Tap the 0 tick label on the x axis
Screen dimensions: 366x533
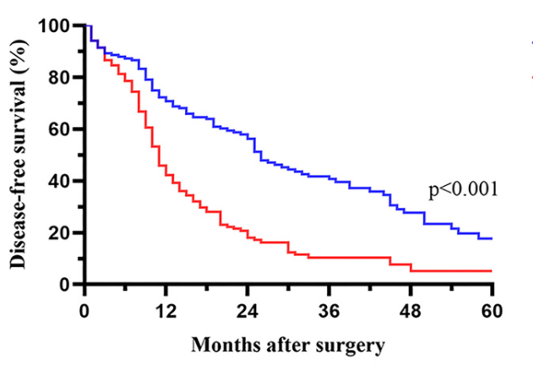pyautogui.click(x=85, y=309)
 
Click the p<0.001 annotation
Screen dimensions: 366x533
pyautogui.click(x=463, y=190)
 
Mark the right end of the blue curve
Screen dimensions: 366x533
pyautogui.click(x=491, y=239)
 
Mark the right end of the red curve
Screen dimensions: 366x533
pyautogui.click(x=491, y=271)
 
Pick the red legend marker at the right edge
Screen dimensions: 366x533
pyautogui.click(x=530, y=75)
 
